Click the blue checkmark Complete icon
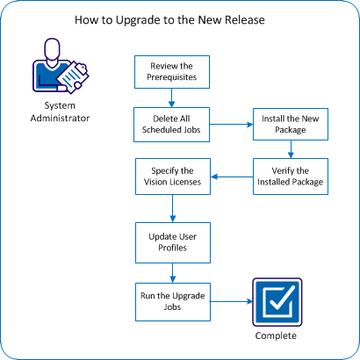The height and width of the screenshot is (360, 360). [277, 300]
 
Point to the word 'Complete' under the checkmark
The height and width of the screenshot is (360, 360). [277, 336]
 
